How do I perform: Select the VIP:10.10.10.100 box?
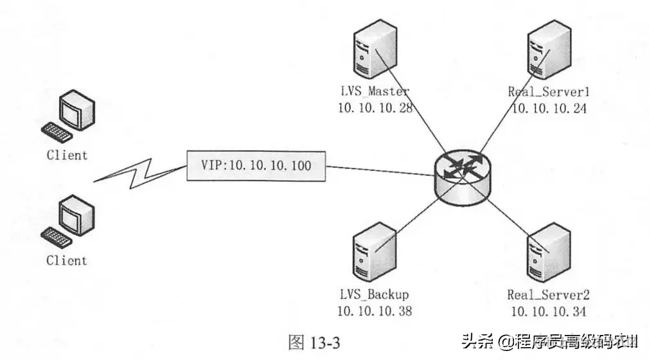click(256, 165)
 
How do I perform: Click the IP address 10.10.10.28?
click(375, 107)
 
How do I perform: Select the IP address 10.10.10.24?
click(548, 107)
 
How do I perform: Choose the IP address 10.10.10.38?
click(375, 311)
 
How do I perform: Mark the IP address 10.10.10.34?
click(548, 311)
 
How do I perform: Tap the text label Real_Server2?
click(548, 295)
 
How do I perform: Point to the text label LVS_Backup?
click(374, 295)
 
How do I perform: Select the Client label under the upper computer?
click(67, 155)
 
